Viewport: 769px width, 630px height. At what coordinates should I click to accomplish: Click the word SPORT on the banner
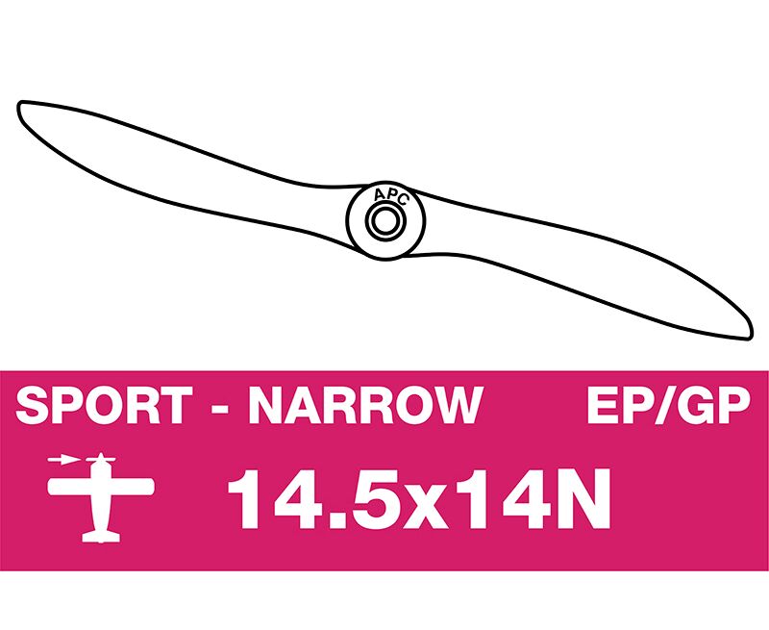pyautogui.click(x=104, y=405)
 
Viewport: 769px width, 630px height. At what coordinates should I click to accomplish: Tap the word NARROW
pyautogui.click(x=366, y=405)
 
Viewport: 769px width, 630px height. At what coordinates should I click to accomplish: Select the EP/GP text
pyautogui.click(x=668, y=405)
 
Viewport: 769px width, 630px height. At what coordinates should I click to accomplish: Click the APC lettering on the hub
pyautogui.click(x=391, y=196)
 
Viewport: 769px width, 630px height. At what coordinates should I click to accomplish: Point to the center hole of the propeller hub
pyautogui.click(x=385, y=221)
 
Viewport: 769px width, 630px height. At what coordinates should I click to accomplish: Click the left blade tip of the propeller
pyautogui.click(x=20, y=105)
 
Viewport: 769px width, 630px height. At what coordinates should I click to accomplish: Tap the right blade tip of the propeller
pyautogui.click(x=749, y=336)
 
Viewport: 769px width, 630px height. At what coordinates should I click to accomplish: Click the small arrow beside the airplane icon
pyautogui.click(x=63, y=460)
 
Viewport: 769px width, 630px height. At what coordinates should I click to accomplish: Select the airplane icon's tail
pyautogui.click(x=101, y=537)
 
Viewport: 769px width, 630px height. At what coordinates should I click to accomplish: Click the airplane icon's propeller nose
pyautogui.click(x=101, y=459)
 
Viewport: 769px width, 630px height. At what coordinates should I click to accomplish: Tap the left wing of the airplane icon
pyautogui.click(x=69, y=487)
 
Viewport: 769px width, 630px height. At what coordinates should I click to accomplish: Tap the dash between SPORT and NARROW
pyautogui.click(x=220, y=408)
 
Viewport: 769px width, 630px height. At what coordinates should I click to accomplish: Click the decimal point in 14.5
pyautogui.click(x=331, y=521)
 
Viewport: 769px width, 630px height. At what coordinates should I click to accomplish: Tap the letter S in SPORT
pyautogui.click(x=33, y=405)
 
